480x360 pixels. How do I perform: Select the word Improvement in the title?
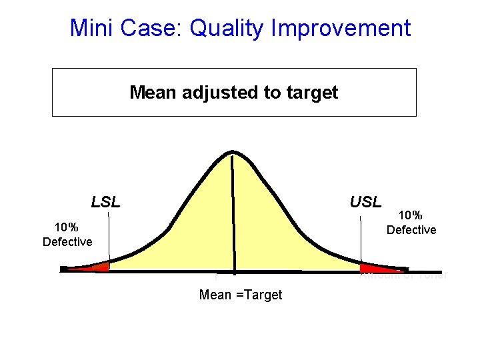344,29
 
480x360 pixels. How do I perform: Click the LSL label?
105,202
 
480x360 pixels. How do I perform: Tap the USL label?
365,202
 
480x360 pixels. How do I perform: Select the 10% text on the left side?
67,227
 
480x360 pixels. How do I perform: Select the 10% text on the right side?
411,215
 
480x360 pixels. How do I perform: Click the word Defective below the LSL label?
67,242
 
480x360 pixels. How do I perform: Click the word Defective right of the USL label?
411,230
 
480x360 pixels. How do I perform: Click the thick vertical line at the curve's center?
233,213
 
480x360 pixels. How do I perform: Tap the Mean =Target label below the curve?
241,295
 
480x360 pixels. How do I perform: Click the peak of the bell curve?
232,153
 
